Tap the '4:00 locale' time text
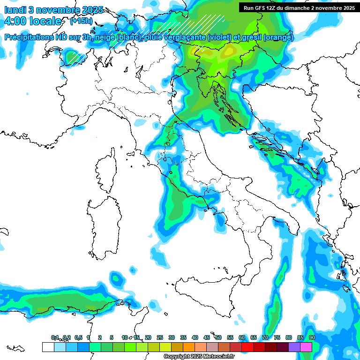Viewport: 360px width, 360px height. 32,22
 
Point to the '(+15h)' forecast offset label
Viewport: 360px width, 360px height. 81,22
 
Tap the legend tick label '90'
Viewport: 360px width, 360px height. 312,337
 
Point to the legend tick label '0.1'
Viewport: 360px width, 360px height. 55,337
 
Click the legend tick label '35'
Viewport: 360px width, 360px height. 183,337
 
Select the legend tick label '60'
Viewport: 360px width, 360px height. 242,337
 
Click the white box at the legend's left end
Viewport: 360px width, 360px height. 48,347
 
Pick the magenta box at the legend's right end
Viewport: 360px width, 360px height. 306,347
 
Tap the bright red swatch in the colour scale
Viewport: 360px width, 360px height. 247,347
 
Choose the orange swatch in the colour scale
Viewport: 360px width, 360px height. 189,347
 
